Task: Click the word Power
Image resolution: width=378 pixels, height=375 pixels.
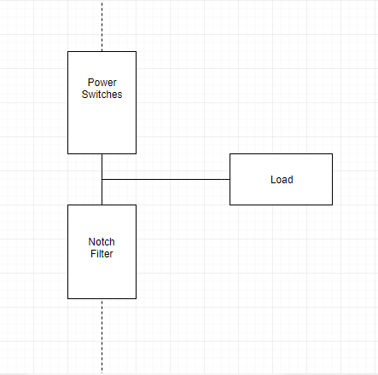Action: pos(102,83)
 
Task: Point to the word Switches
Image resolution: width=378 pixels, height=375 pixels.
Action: pos(102,95)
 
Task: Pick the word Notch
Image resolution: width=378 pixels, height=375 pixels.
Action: pos(102,241)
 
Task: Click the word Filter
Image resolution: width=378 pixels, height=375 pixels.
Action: pos(102,253)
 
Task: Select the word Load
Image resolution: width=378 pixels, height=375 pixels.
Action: pos(281,180)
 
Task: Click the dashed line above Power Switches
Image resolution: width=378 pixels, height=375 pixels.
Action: pos(102,26)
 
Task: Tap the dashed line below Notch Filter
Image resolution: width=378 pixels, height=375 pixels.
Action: pos(102,337)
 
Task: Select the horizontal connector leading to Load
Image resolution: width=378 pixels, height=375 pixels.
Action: pos(166,180)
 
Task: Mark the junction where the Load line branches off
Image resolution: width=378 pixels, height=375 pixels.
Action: pos(102,180)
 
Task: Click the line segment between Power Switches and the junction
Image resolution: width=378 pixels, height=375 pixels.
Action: pos(102,166)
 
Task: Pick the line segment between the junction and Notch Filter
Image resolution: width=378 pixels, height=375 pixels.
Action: pos(102,193)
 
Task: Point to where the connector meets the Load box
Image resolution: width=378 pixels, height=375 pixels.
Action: pos(230,180)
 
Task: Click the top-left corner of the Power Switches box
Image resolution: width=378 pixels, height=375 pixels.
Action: pos(68,52)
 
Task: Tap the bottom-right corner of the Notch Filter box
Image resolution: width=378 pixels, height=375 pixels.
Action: pos(136,298)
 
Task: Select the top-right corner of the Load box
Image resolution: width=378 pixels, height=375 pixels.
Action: pos(332,154)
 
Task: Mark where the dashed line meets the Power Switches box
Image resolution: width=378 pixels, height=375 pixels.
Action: pos(102,52)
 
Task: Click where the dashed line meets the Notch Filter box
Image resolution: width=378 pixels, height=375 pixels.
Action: pos(102,298)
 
